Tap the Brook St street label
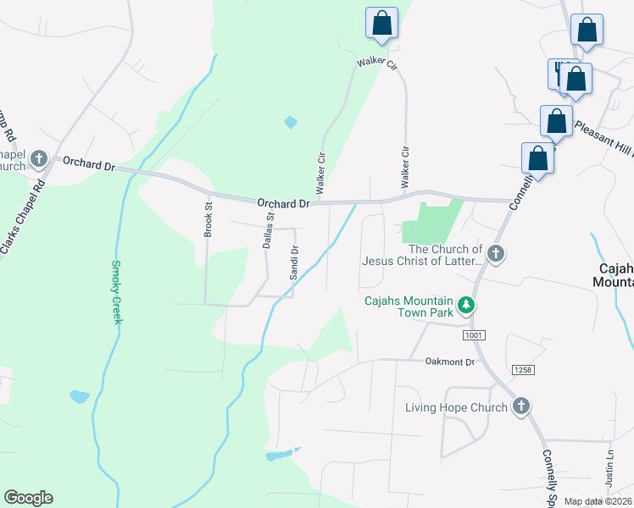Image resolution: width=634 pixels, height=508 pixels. click(209, 218)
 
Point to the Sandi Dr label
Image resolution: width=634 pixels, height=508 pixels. click(294, 262)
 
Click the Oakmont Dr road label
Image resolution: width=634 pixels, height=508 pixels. click(450, 362)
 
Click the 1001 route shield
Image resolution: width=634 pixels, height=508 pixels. click(475, 336)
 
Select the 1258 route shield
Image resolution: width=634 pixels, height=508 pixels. click(523, 370)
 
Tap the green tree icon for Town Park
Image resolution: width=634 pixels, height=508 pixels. click(464, 304)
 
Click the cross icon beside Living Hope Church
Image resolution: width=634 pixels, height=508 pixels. click(520, 407)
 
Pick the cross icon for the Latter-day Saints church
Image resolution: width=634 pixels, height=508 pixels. click(496, 253)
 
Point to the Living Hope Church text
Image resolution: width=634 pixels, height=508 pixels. click(455, 407)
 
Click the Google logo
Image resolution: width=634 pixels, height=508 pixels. click(28, 498)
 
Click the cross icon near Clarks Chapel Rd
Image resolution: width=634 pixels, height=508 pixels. click(38, 159)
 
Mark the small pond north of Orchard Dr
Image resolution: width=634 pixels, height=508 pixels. click(291, 122)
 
